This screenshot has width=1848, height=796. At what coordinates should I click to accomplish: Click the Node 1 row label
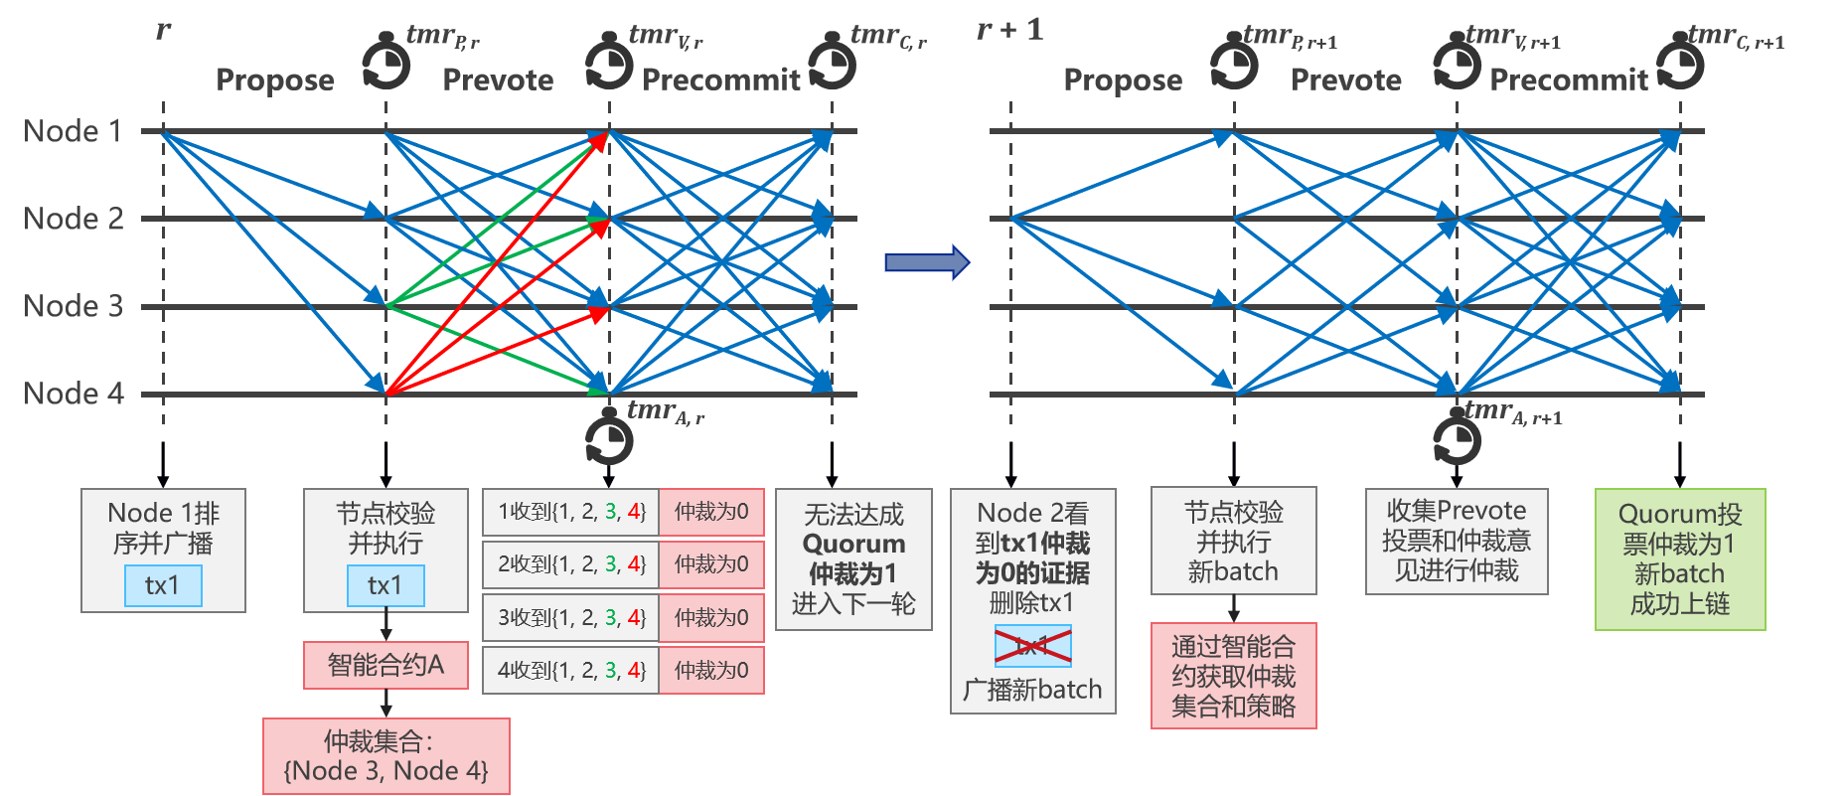coord(73,131)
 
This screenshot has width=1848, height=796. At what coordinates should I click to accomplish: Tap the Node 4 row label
coord(74,394)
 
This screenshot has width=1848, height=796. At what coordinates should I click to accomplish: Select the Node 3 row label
coord(74,306)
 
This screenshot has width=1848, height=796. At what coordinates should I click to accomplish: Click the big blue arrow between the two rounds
coord(926,262)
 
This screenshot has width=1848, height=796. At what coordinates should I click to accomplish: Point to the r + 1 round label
coord(1009,30)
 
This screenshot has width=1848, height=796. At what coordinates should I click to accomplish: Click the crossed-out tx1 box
coord(1033,646)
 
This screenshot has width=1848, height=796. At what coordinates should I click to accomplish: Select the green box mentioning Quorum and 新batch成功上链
coord(1680,558)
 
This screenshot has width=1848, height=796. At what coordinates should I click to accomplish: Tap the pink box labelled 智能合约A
coord(385,665)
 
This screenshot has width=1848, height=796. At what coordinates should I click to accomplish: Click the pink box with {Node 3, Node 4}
coord(385,756)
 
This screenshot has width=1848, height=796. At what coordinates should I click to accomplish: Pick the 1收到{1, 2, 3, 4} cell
coord(571,513)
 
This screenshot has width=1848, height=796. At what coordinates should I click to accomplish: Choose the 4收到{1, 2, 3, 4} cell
coord(571,671)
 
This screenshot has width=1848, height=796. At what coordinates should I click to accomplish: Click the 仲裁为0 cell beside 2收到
coord(711,564)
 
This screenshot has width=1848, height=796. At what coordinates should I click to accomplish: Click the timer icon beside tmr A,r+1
coord(1457,439)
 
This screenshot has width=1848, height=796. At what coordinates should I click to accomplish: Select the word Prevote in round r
coord(498,80)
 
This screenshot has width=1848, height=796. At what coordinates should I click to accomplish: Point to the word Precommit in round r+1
coord(1569,80)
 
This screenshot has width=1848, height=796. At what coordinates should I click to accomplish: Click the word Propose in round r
coord(274,80)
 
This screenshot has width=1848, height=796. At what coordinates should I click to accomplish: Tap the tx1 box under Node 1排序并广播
coord(163,585)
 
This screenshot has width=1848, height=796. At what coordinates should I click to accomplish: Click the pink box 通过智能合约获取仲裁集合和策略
coord(1233,676)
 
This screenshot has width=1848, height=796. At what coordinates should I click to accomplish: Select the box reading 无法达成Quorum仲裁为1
coord(853,558)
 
